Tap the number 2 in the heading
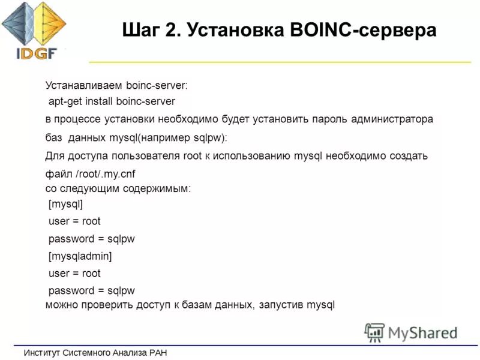coord(173,29)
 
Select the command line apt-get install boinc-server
coord(112,101)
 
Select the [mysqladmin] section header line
coord(80,256)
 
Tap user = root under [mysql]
coord(74,221)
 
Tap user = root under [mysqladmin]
coord(74,274)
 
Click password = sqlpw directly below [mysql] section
coord(91,239)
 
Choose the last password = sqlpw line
coord(91,290)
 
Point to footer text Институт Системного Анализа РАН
coord(95,352)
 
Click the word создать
coord(406,157)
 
